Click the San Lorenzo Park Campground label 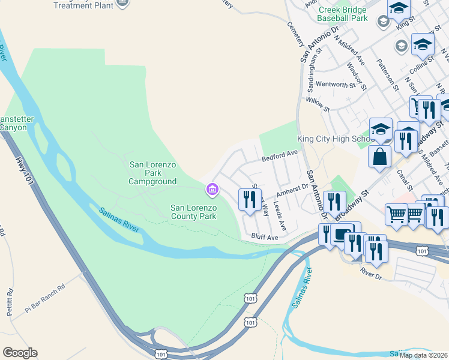(153, 173)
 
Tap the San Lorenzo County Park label (193, 212)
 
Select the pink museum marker (211, 190)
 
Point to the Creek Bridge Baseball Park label (342, 14)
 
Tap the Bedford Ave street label (280, 155)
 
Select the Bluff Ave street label (265, 238)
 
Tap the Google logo (20, 353)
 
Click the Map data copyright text (424, 355)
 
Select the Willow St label (318, 106)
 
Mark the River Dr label (371, 272)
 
